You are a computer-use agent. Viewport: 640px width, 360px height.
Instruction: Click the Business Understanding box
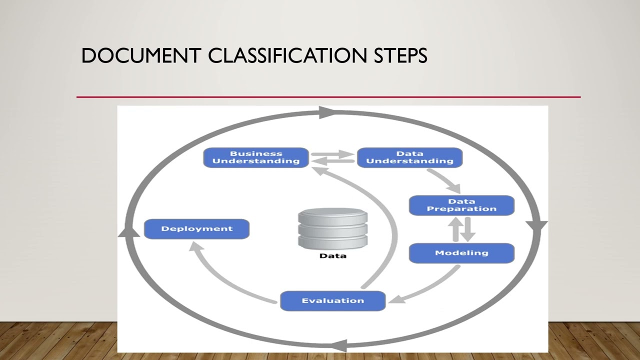[255, 157]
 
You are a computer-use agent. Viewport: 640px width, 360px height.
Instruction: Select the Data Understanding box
[409, 157]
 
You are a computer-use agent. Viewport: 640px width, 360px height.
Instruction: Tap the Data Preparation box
[461, 205]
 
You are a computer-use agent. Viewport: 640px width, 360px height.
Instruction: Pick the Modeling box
[461, 253]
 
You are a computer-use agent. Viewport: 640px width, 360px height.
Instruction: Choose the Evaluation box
[332, 301]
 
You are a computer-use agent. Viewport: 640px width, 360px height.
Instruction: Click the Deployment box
[196, 229]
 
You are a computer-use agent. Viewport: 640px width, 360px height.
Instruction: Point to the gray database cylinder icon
[332, 228]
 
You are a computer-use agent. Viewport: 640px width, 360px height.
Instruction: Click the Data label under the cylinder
[332, 256]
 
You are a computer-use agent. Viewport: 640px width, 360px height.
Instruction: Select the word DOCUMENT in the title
[141, 56]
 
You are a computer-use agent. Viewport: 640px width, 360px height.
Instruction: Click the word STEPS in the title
[400, 56]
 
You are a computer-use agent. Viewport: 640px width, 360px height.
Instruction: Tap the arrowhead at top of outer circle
[327, 112]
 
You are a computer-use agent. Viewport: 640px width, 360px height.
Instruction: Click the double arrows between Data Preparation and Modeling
[461, 229]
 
